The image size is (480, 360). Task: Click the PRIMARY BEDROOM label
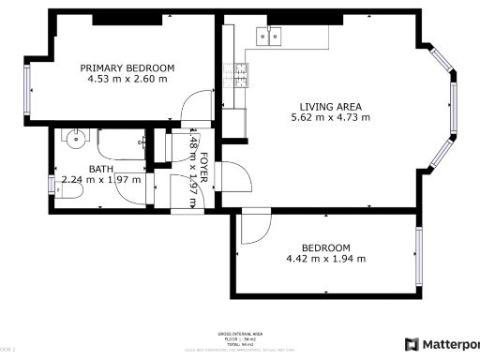tap(127, 67)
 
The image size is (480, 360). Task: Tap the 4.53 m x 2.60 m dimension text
tap(127, 79)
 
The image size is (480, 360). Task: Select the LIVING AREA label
tap(330, 106)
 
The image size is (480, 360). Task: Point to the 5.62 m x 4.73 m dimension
tap(330, 118)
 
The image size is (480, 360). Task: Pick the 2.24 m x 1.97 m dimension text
tap(100, 179)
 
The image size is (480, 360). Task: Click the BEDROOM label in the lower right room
tap(325, 247)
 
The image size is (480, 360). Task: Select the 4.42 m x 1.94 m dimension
tap(325, 259)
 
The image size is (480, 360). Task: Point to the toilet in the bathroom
tap(67, 192)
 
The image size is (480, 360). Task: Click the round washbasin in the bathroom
tap(76, 139)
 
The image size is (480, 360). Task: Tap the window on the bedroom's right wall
tap(419, 252)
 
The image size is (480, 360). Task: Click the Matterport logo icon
tap(412, 344)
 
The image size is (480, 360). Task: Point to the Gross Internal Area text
tap(239, 334)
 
